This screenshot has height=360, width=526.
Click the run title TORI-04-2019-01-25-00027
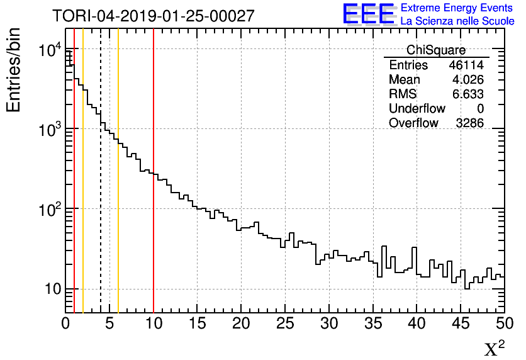pyautogui.click(x=154, y=16)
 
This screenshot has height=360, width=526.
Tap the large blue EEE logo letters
pyautogui.click(x=369, y=14)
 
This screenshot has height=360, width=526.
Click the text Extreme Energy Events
pyautogui.click(x=456, y=8)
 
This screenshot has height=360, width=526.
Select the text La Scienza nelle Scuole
pyautogui.click(x=456, y=21)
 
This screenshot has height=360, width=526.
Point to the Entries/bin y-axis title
pyautogui.click(x=13, y=70)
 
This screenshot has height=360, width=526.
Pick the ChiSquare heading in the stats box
pyautogui.click(x=436, y=50)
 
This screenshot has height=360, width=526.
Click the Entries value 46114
pyautogui.click(x=466, y=65)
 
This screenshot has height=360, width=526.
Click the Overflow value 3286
pyautogui.click(x=469, y=123)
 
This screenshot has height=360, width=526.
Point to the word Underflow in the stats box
pyautogui.click(x=417, y=109)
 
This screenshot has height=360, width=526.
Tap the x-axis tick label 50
pyautogui.click(x=503, y=324)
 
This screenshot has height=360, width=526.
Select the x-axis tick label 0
pyautogui.click(x=65, y=324)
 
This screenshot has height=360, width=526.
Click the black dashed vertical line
pyautogui.click(x=101, y=189)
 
